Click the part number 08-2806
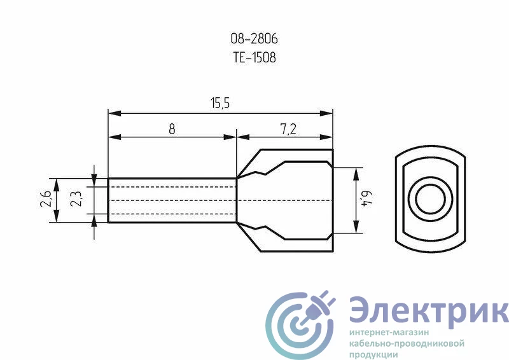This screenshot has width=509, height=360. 254,39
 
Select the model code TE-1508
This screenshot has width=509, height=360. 254,57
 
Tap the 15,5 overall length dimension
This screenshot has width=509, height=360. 220,103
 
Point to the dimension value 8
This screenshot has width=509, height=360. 172,129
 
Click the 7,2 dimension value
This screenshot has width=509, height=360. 288,129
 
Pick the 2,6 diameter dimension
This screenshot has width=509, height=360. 45,198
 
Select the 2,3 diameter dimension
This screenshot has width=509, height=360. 76,198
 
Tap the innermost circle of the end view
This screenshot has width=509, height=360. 431,200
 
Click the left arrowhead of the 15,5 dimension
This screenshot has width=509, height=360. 115,113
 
